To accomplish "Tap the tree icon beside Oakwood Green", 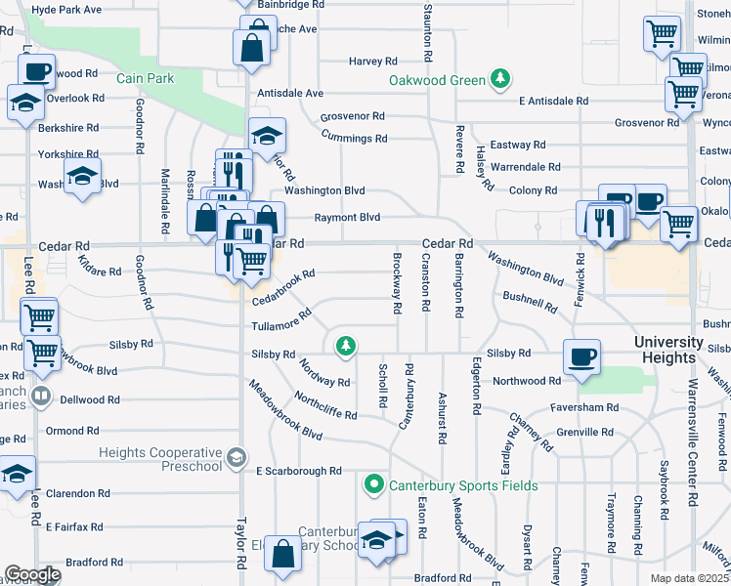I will (500, 79).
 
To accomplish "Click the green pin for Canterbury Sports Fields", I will (373, 484).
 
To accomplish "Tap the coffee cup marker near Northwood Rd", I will (583, 356).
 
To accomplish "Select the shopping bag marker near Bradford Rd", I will (282, 554).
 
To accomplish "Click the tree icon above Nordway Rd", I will (344, 346).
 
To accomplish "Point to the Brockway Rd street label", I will (397, 284).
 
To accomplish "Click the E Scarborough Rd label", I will (298, 471).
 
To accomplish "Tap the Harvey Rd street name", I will (371, 62).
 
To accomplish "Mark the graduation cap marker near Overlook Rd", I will (23, 102).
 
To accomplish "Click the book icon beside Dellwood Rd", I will (40, 397).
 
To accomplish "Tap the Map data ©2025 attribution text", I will (689, 578).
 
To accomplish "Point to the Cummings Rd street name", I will (354, 139).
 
